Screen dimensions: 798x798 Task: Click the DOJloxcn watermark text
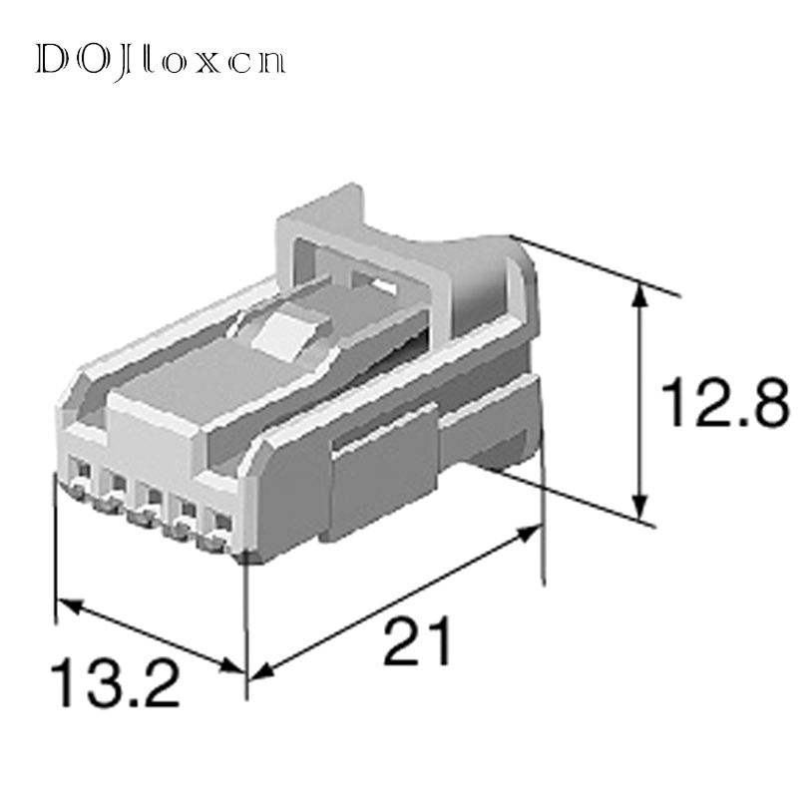(160, 59)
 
